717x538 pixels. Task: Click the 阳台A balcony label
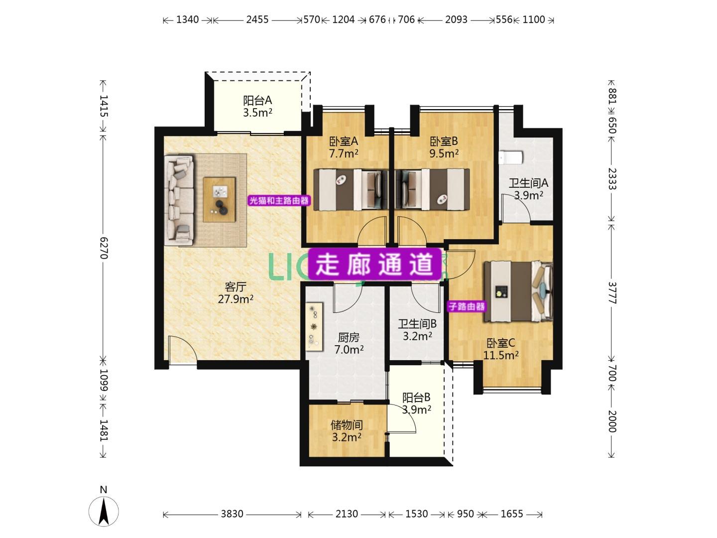(x=257, y=106)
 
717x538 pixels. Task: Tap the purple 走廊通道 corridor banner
(x=374, y=264)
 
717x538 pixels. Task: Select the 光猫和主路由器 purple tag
(x=279, y=200)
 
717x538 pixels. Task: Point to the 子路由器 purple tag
(x=467, y=306)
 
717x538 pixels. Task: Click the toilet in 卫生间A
(x=511, y=157)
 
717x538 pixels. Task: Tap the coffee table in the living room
(x=219, y=200)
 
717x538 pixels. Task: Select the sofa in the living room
(x=179, y=200)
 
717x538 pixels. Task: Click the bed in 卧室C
(x=518, y=291)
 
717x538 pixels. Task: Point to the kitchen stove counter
(x=314, y=327)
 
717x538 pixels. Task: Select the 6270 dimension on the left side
(x=104, y=248)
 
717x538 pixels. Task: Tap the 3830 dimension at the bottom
(x=232, y=514)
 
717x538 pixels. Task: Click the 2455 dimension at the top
(x=257, y=19)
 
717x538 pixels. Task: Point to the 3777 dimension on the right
(x=612, y=293)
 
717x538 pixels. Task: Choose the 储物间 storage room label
(x=347, y=431)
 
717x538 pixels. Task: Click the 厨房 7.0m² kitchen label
(x=349, y=343)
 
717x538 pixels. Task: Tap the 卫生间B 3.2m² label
(x=417, y=330)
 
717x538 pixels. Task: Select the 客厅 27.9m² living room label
(x=236, y=293)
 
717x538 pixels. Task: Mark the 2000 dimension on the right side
(x=612, y=421)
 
